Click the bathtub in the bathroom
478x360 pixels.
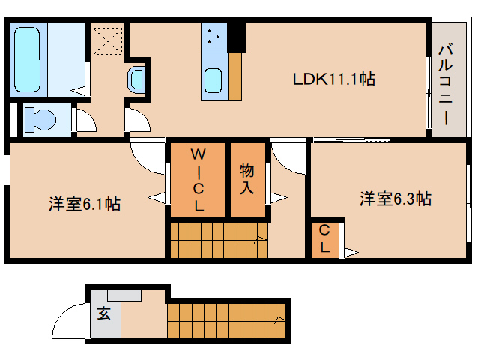pyautogui.click(x=27, y=60)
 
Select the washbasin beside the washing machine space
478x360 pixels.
pyautogui.click(x=136, y=79)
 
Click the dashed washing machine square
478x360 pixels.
pyautogui.click(x=108, y=41)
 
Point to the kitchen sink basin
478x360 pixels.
pyautogui.click(x=213, y=80)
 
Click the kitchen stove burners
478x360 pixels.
pyautogui.click(x=214, y=36)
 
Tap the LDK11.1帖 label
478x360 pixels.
pyautogui.click(x=334, y=79)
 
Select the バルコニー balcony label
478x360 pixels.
pyautogui.click(x=446, y=85)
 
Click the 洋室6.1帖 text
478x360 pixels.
pyautogui.click(x=85, y=204)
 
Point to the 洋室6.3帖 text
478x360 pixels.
pyautogui.click(x=396, y=199)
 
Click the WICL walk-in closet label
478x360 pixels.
pyautogui.click(x=198, y=180)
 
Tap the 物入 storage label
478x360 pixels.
pyautogui.click(x=246, y=179)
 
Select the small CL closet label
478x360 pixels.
pyautogui.click(x=324, y=238)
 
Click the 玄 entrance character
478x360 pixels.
pyautogui.click(x=104, y=313)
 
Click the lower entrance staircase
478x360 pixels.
pyautogui.click(x=226, y=321)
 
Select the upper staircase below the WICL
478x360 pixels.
pyautogui.click(x=219, y=241)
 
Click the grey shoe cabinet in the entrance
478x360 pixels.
pyautogui.click(x=124, y=295)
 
